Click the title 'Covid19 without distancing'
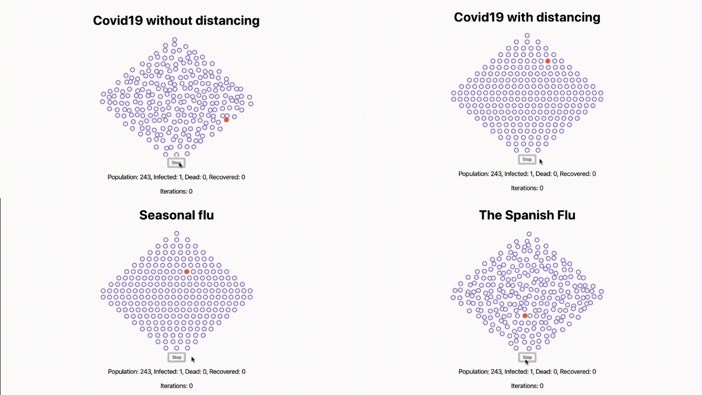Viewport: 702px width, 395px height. (176, 21)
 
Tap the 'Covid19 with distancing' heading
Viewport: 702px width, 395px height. (527, 18)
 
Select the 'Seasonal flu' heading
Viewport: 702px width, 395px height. (176, 215)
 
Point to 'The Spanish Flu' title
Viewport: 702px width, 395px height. (527, 215)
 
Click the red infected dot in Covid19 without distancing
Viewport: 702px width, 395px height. (227, 120)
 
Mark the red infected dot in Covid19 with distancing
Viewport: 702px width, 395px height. (548, 61)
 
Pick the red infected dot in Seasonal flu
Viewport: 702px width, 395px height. (186, 272)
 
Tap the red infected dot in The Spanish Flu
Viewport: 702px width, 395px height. (525, 316)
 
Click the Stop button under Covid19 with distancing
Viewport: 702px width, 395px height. (527, 160)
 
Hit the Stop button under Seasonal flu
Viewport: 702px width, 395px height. (176, 357)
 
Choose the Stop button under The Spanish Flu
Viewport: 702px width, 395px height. (527, 357)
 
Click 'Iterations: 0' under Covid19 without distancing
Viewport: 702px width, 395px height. (176, 191)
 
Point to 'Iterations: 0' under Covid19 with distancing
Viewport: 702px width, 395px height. (527, 188)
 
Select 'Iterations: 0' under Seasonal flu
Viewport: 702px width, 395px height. (176, 386)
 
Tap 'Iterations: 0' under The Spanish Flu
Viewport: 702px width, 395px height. (527, 386)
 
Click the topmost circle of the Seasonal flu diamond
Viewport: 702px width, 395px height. (177, 233)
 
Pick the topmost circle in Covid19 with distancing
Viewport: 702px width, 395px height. (527, 36)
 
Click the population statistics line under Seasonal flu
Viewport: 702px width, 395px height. (176, 371)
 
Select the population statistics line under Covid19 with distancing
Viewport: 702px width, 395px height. (527, 174)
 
